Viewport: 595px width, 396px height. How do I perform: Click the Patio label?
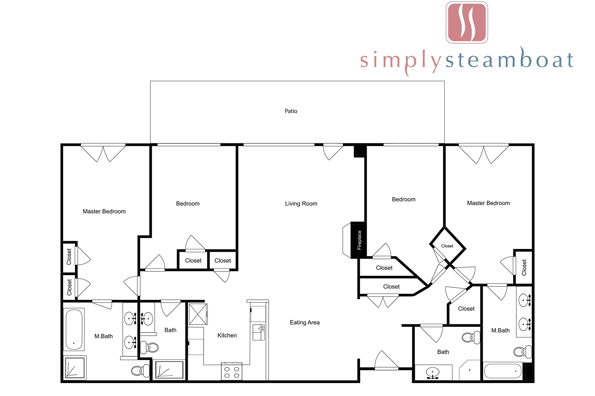click(291, 111)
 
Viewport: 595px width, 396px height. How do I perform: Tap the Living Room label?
click(301, 204)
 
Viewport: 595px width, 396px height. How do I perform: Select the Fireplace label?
click(359, 240)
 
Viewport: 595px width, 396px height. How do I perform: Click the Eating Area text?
click(305, 322)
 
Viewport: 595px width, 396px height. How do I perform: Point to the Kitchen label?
click(227, 335)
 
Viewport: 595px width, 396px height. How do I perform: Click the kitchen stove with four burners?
click(231, 372)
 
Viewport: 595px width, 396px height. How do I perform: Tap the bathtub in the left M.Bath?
click(74, 329)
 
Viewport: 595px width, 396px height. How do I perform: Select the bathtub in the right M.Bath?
click(502, 371)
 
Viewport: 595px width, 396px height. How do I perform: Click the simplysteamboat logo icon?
click(467, 22)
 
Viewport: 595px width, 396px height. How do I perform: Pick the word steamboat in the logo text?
click(509, 59)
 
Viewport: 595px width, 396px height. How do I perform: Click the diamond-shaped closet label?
click(447, 246)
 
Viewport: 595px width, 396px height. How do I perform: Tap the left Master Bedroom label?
click(104, 211)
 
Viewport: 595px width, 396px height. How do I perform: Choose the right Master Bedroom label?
click(488, 203)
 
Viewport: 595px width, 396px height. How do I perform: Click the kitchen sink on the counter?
click(259, 332)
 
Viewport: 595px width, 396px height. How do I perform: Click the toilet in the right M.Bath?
click(522, 352)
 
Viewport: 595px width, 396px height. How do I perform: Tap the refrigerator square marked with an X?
click(198, 314)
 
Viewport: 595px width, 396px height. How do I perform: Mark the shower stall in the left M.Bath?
click(75, 368)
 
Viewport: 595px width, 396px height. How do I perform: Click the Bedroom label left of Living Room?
click(188, 204)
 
